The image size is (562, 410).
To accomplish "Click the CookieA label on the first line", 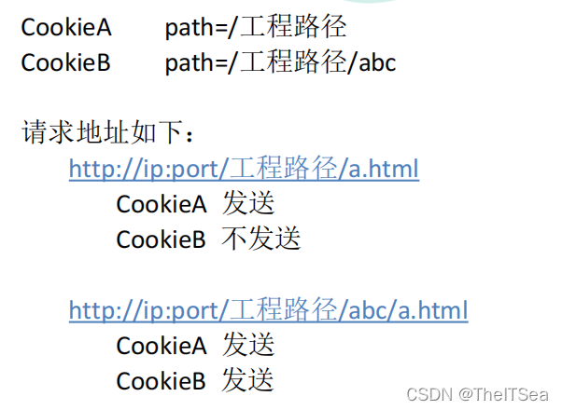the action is click(x=66, y=27).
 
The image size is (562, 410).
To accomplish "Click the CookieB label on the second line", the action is click(x=66, y=62).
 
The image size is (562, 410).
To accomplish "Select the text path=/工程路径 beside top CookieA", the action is click(x=256, y=27).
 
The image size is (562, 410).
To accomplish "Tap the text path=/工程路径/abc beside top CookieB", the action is click(x=280, y=62).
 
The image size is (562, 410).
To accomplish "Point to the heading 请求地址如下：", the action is click(x=109, y=133).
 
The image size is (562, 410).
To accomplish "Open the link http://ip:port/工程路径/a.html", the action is click(x=244, y=169).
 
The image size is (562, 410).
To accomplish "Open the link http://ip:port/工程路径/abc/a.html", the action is click(x=268, y=309).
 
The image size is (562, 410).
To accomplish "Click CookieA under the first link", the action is click(x=162, y=204).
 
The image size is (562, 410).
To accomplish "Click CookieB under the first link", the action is click(x=162, y=239).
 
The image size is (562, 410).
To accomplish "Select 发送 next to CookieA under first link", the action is click(x=248, y=204).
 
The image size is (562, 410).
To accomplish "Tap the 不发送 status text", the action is click(x=261, y=239).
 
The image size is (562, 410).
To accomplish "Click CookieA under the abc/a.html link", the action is click(x=162, y=345).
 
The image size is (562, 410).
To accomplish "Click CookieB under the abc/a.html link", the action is click(x=162, y=380).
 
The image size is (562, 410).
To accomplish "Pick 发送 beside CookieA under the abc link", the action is click(x=248, y=345).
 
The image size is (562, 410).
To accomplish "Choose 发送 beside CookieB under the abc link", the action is click(x=248, y=380).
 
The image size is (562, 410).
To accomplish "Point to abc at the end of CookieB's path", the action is click(x=377, y=62).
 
